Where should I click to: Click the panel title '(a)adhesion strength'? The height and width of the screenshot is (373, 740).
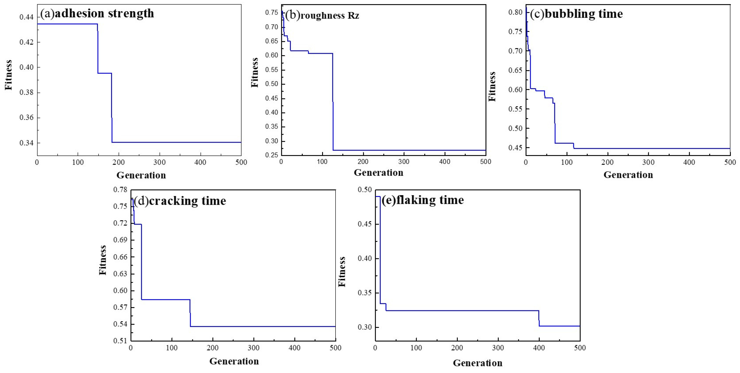pyautogui.click(x=97, y=14)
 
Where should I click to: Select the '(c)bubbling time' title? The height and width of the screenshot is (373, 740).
pyautogui.click(x=576, y=14)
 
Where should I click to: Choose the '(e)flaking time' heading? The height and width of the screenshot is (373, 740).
pyautogui.click(x=422, y=200)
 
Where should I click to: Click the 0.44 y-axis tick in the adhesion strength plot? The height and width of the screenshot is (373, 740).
pyautogui.click(x=26, y=17)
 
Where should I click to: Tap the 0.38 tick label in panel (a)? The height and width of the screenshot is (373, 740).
pyautogui.click(x=26, y=93)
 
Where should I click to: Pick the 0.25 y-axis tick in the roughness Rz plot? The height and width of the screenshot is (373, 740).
pyautogui.click(x=271, y=155)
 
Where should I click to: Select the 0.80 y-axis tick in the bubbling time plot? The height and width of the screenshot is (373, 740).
pyautogui.click(x=515, y=12)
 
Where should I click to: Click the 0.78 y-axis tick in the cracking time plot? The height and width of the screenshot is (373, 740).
pyautogui.click(x=120, y=190)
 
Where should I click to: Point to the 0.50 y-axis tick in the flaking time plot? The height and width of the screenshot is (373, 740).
pyautogui.click(x=365, y=190)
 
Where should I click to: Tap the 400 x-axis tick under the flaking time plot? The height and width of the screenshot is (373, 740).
pyautogui.click(x=539, y=348)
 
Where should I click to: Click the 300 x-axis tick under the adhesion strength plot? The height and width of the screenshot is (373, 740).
pyautogui.click(x=159, y=163)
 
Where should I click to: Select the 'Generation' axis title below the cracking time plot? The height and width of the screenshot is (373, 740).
pyautogui.click(x=234, y=361)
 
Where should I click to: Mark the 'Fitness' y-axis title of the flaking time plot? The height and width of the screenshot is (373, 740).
pyautogui.click(x=342, y=271)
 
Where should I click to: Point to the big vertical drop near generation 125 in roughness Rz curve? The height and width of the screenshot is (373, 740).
pyautogui.click(x=333, y=103)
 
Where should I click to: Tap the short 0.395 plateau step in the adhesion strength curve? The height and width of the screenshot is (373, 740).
pyautogui.click(x=104, y=73)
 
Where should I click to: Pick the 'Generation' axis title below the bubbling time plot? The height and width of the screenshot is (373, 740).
pyautogui.click(x=628, y=175)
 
